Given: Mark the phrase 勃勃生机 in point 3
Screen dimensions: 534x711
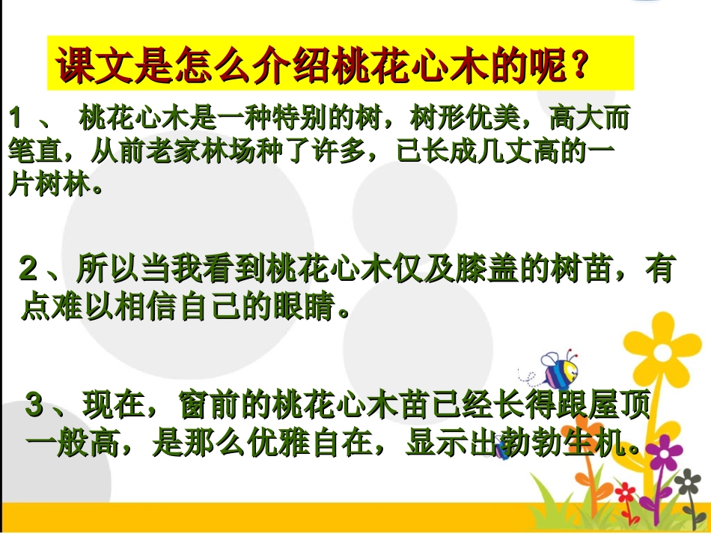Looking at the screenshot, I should coord(558,444).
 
